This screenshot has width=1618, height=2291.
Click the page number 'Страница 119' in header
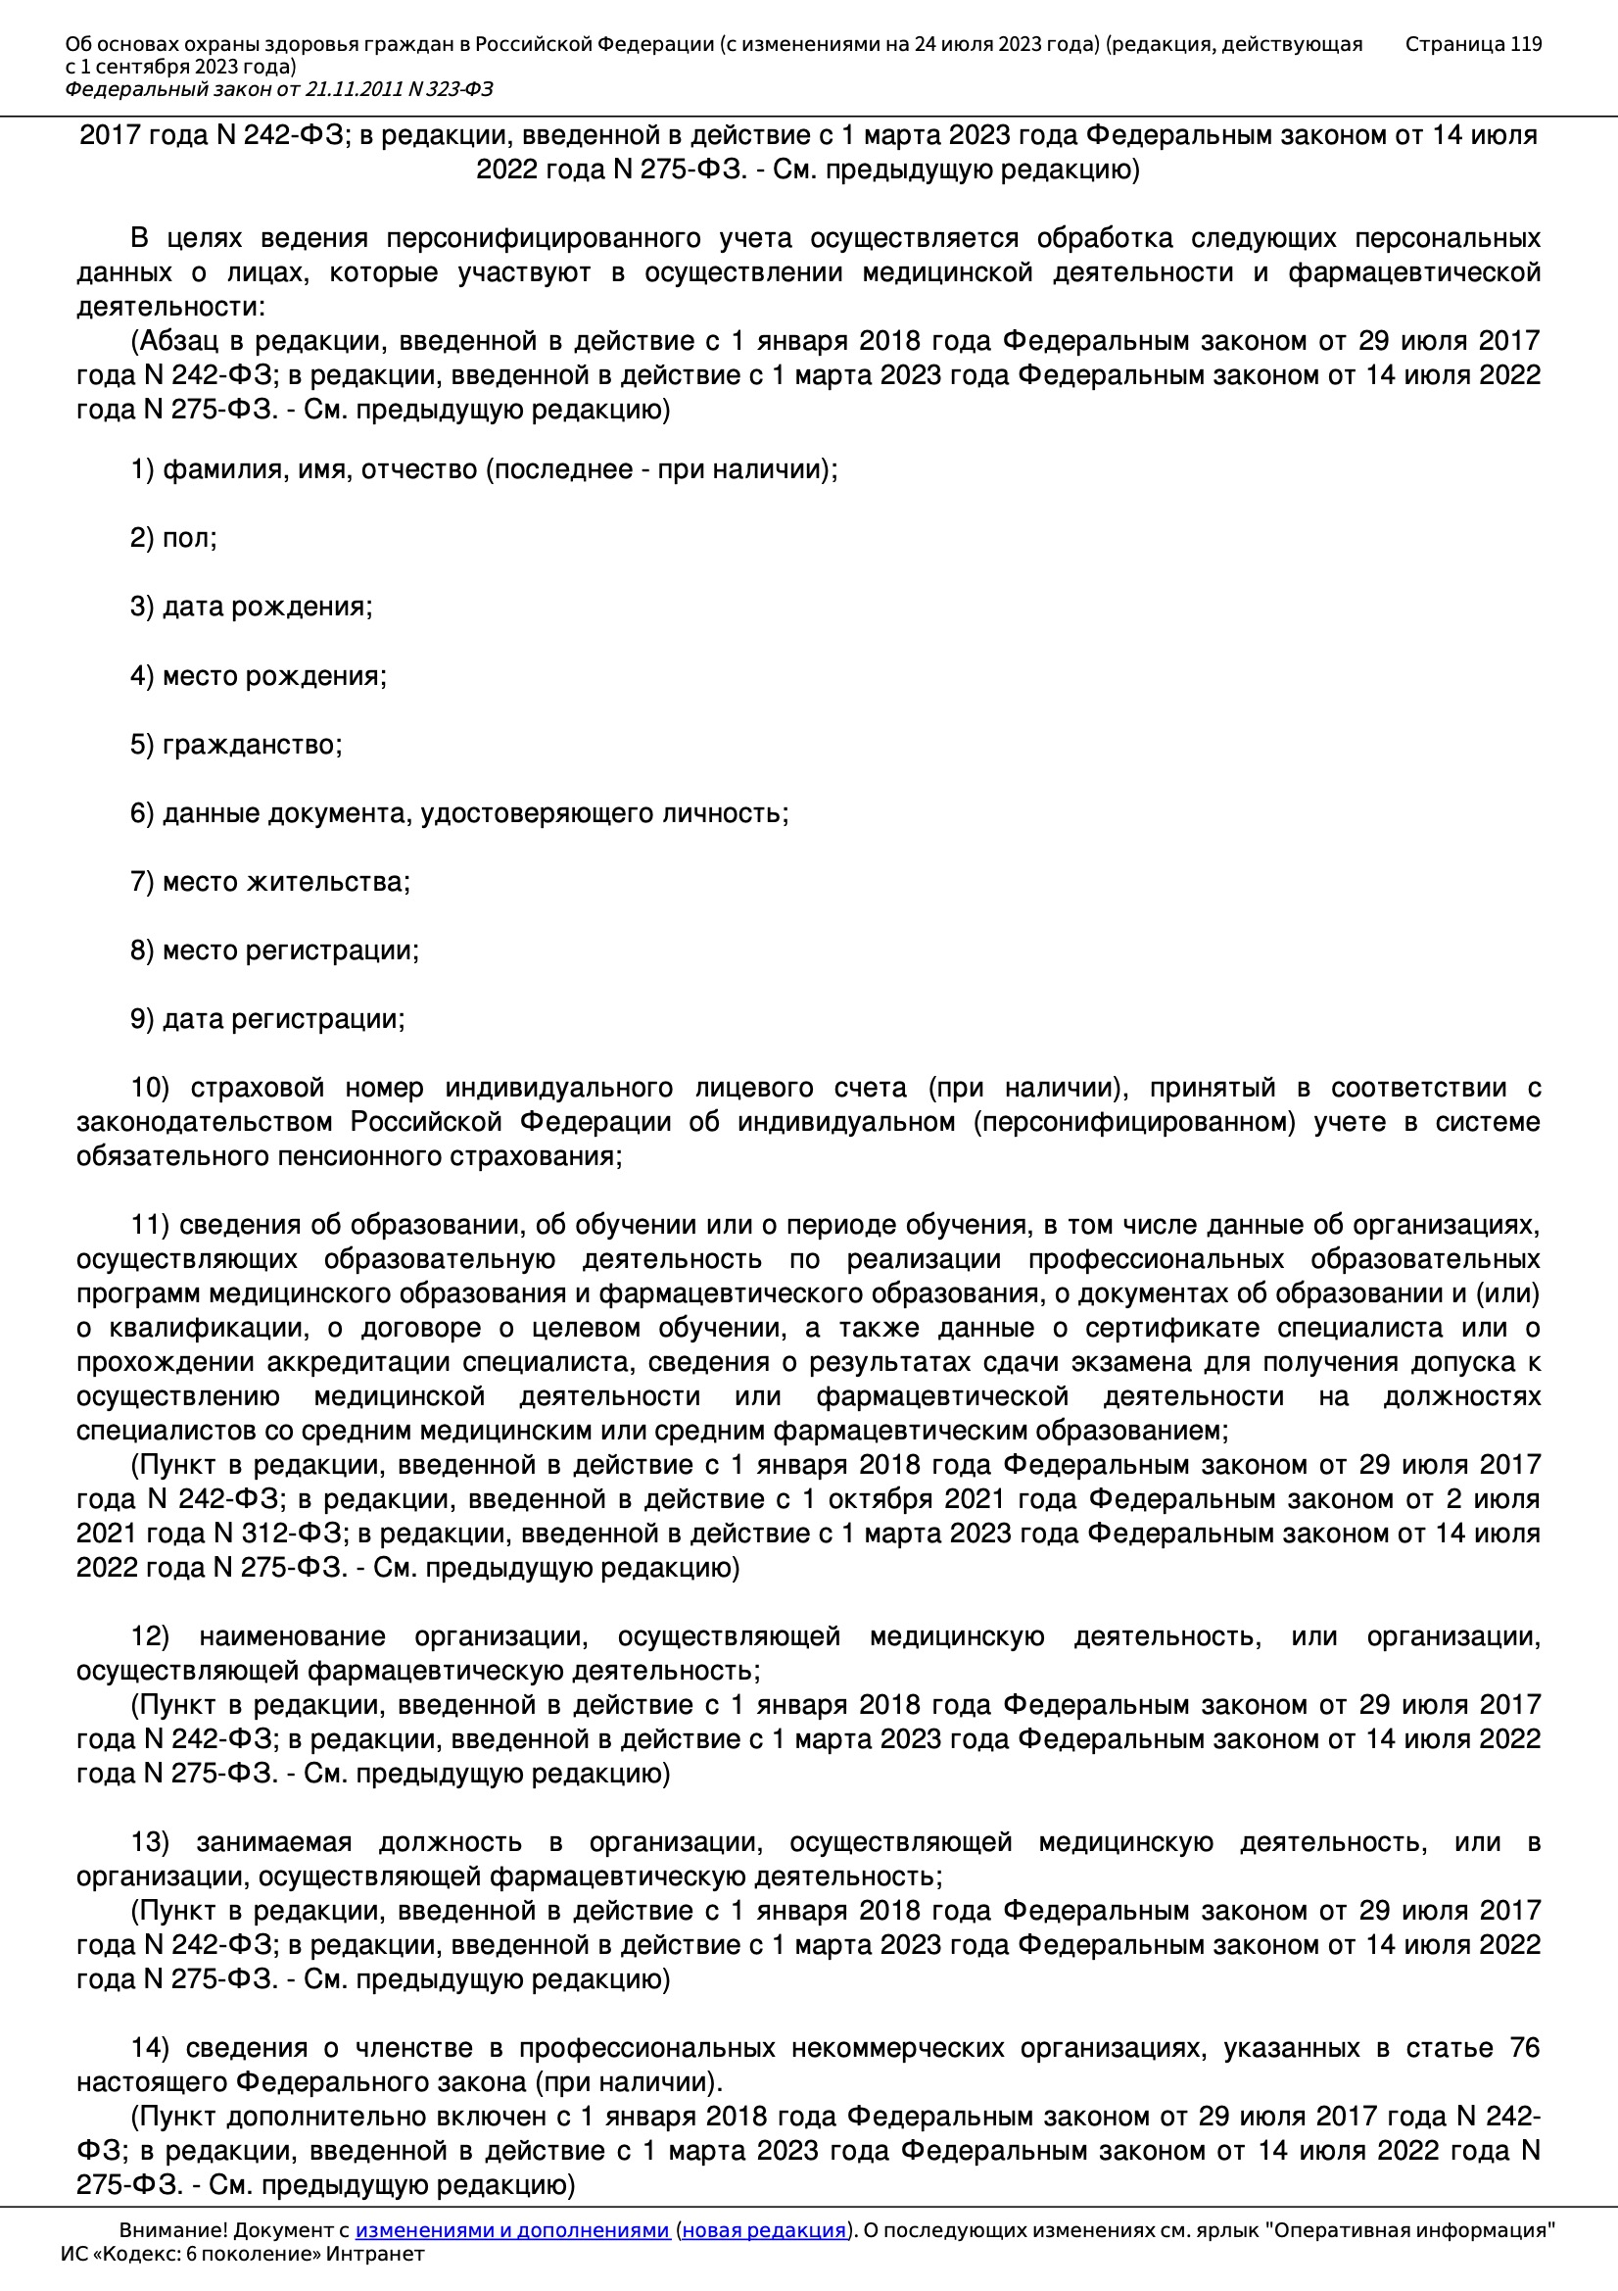[1472, 44]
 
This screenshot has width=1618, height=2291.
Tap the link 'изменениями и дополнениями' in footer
[511, 2230]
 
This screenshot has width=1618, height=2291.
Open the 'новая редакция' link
[763, 2230]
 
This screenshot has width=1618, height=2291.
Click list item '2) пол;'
[173, 538]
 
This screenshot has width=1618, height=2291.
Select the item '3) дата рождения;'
[252, 607]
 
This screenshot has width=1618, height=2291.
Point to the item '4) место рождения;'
[259, 675]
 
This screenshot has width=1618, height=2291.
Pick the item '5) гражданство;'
[236, 745]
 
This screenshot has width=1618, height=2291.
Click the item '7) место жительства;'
[270, 882]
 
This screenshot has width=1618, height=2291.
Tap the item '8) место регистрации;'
[274, 950]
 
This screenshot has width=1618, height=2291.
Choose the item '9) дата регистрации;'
[267, 1019]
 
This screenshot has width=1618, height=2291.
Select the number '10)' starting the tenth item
[151, 1088]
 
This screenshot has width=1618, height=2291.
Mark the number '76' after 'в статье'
[1525, 2048]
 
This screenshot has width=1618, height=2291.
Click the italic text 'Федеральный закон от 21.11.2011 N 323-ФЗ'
[279, 90]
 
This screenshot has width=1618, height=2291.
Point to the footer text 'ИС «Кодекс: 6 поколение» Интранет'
[242, 2254]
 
